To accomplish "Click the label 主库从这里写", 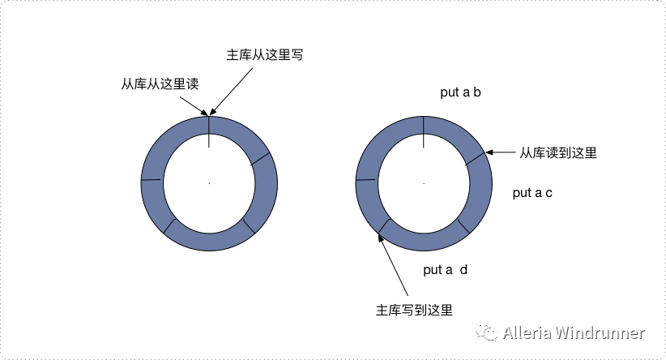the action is coord(265,55).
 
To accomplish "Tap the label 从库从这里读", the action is coord(159,83).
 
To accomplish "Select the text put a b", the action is coord(461,92).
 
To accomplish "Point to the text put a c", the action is coord(532,193).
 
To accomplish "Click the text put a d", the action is coord(445,270).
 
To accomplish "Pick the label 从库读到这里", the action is coord(558,152).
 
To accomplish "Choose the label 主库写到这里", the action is coord(413,309).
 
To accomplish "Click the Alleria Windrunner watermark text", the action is coord(573,333).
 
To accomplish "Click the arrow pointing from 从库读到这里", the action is coord(502,152).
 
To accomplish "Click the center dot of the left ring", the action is coord(209,183).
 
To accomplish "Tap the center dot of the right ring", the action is coord(424,183).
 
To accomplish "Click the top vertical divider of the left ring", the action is coord(209,131).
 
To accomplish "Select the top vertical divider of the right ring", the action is coord(424,131).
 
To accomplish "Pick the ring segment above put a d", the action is coord(424,239).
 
